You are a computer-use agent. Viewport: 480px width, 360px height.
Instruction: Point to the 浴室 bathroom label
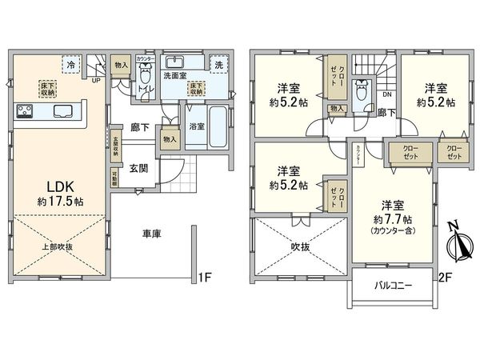(197, 126)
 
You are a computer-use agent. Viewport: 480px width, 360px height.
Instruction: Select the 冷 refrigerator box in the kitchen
(72, 63)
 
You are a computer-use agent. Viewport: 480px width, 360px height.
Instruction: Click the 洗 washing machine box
(218, 63)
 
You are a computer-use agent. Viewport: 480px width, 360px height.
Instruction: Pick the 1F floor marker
(205, 278)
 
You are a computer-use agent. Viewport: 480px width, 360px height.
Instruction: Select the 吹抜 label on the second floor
(300, 246)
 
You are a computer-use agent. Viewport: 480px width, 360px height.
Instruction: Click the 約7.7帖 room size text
(392, 218)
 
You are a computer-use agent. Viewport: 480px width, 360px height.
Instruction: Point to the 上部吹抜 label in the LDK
(60, 246)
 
